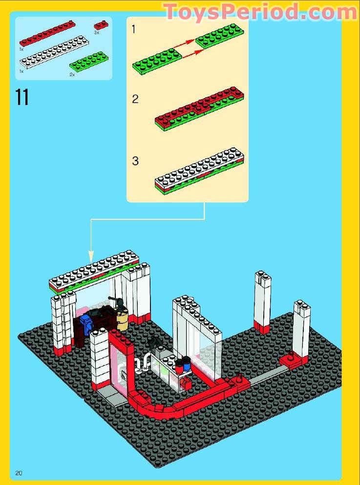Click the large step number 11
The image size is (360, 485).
point(22,97)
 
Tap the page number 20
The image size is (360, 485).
point(20,472)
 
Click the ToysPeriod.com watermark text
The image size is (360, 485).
point(260,12)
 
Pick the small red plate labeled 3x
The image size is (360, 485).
point(101,24)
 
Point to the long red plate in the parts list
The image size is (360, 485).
point(47,33)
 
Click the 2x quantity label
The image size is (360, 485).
point(72,75)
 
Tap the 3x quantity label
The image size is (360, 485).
point(97,33)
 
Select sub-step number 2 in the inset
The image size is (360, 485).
point(135,99)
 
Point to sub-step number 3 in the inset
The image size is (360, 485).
point(135,161)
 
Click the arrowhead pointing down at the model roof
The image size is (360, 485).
point(91,256)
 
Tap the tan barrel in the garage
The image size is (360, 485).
point(123,319)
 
